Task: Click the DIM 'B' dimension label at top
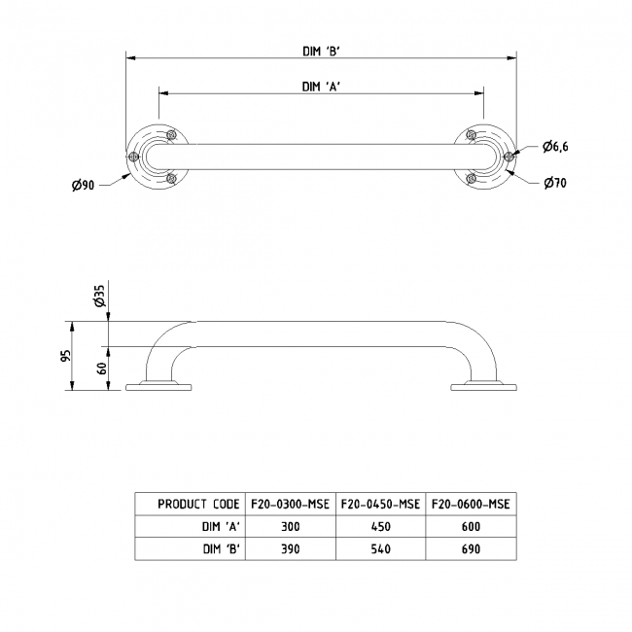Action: [320, 53]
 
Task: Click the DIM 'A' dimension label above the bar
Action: [320, 86]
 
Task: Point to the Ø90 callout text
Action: [83, 186]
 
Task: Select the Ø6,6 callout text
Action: [555, 146]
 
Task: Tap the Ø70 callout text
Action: [554, 183]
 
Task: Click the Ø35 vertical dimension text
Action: [99, 297]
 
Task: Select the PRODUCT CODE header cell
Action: [198, 504]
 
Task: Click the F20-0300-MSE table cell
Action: [289, 504]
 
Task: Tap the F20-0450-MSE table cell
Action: [380, 504]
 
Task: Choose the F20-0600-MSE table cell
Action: [472, 504]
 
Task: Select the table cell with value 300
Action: [289, 527]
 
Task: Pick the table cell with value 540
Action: [380, 549]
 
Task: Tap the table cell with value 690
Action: [472, 549]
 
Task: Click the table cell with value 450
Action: [380, 527]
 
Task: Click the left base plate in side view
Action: [159, 389]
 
